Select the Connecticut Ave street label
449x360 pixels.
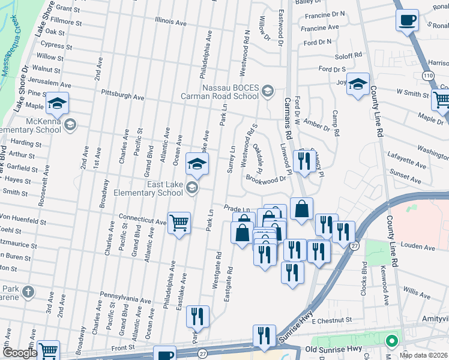pos(142,221)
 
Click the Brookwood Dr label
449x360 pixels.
pos(265,179)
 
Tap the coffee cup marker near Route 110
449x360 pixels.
pos(407,19)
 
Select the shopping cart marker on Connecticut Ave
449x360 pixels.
pos(179,223)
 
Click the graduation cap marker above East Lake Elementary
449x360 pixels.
pos(197,163)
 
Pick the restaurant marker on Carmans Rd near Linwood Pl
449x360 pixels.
pos(304,160)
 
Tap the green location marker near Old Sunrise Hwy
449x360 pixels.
pos(392,341)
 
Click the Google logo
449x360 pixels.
pos(20,353)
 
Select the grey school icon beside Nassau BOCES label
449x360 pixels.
pos(267,92)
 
